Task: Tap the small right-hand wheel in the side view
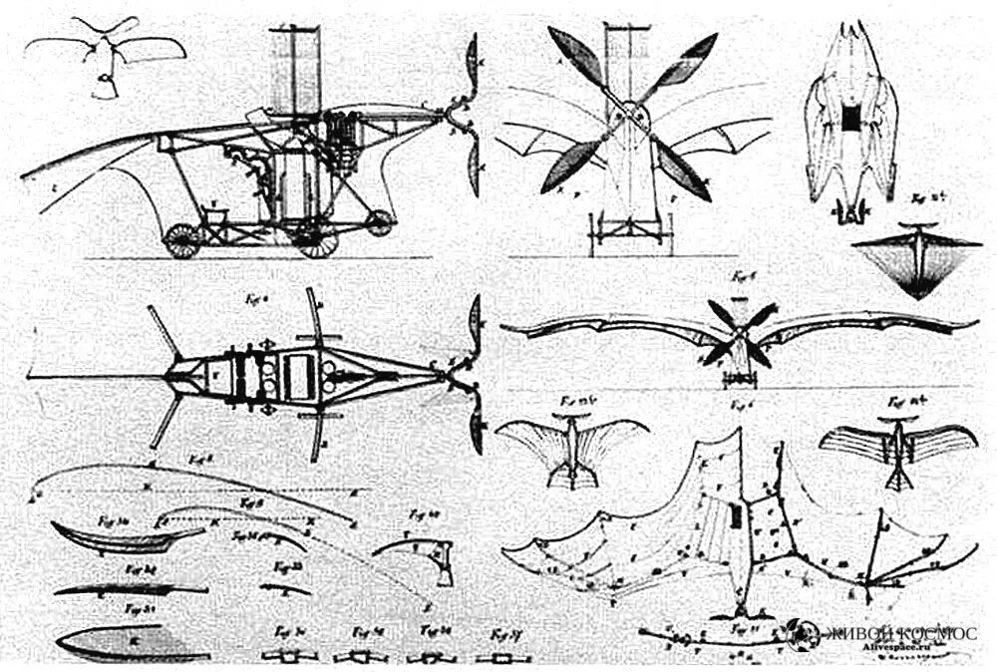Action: (x=379, y=223)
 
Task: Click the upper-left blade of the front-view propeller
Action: (x=575, y=58)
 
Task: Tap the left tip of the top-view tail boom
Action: (x=31, y=377)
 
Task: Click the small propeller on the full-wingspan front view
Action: (x=738, y=337)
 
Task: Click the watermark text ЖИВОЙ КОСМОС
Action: (x=897, y=633)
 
